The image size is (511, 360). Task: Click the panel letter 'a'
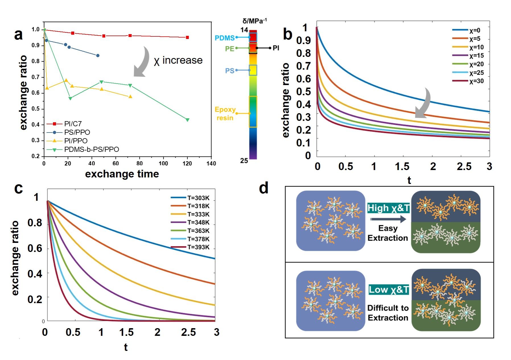(x=18, y=35)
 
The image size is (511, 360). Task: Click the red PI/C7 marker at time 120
(x=187, y=38)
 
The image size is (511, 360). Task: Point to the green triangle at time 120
(x=187, y=120)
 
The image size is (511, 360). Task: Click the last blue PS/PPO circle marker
(x=98, y=55)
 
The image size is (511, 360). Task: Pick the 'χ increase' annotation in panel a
(x=178, y=61)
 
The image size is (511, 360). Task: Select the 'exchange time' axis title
(x=122, y=174)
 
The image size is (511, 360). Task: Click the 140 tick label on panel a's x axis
(x=211, y=164)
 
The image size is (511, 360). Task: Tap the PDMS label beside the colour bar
(x=224, y=38)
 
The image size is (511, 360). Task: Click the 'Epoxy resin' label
(x=225, y=114)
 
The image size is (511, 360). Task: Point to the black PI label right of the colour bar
(x=276, y=48)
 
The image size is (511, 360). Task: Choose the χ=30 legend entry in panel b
(x=476, y=81)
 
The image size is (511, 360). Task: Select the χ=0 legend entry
(x=475, y=30)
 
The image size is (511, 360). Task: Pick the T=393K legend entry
(x=198, y=247)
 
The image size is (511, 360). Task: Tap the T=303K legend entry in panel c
(x=198, y=198)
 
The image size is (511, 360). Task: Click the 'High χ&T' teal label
(x=388, y=208)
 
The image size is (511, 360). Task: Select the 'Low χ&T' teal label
(x=389, y=290)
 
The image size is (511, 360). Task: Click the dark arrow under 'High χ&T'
(x=388, y=219)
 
